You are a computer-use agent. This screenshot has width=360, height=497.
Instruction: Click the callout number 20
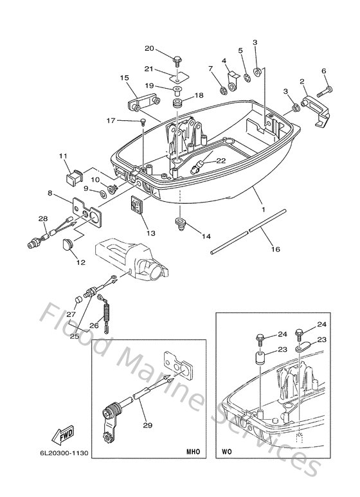click(149, 49)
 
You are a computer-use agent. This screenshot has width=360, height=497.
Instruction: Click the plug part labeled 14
click(180, 223)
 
